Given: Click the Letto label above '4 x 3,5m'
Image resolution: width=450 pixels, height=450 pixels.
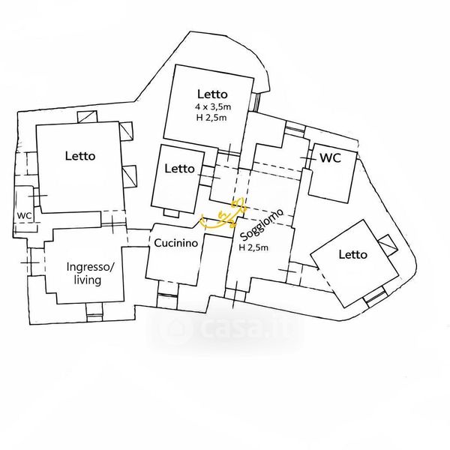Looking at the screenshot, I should coord(211,94).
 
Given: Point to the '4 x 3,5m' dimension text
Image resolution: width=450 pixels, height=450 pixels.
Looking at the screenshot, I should coord(211,106).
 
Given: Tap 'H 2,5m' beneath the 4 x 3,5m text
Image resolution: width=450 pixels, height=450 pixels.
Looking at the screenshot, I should coord(211,118).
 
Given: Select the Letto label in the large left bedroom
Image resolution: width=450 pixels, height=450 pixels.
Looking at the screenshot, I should coord(80,157).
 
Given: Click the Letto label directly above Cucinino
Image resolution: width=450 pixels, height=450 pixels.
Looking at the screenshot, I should coord(179,169).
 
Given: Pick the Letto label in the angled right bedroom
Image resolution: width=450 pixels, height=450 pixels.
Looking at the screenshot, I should coord(353,255).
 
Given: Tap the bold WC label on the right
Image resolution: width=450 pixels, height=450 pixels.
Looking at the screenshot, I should coord(331,158).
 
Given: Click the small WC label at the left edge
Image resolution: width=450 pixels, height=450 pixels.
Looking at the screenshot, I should coord(24,215).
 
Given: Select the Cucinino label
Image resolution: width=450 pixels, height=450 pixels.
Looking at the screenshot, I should coord(176,243).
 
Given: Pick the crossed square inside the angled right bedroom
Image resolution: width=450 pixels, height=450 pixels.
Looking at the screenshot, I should coord(388,244).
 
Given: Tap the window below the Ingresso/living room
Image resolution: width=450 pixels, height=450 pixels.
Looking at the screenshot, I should coord(94,309).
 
